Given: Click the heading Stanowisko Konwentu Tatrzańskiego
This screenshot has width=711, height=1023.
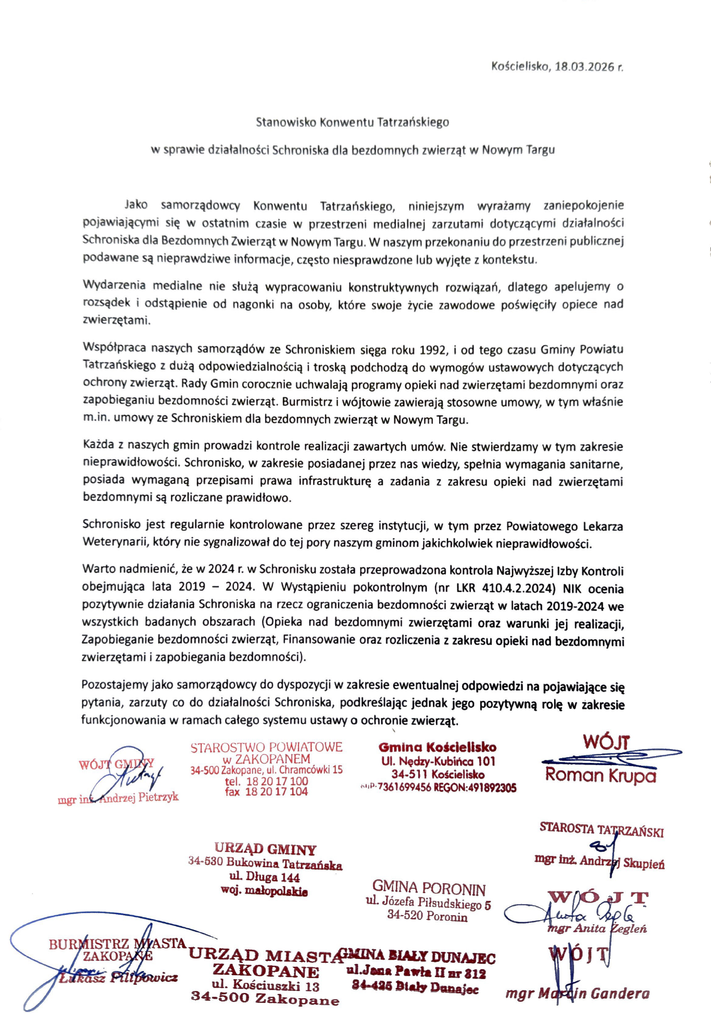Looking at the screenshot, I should [x=352, y=122].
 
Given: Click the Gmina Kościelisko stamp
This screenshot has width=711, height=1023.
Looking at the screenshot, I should [x=438, y=767].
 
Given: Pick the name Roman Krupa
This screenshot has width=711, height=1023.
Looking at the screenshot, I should [x=600, y=775].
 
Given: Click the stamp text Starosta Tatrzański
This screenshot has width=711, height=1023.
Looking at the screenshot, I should [x=601, y=830].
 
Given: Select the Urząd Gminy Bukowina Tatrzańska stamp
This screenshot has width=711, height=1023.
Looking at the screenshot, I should [x=265, y=869].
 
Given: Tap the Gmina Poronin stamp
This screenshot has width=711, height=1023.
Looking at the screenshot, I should [x=428, y=902].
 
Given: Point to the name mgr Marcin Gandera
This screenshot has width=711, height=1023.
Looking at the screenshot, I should [x=577, y=993].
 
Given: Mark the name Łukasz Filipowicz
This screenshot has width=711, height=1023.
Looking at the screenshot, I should [x=118, y=978].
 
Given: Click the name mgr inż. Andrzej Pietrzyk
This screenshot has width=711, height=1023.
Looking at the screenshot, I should [x=118, y=798].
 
